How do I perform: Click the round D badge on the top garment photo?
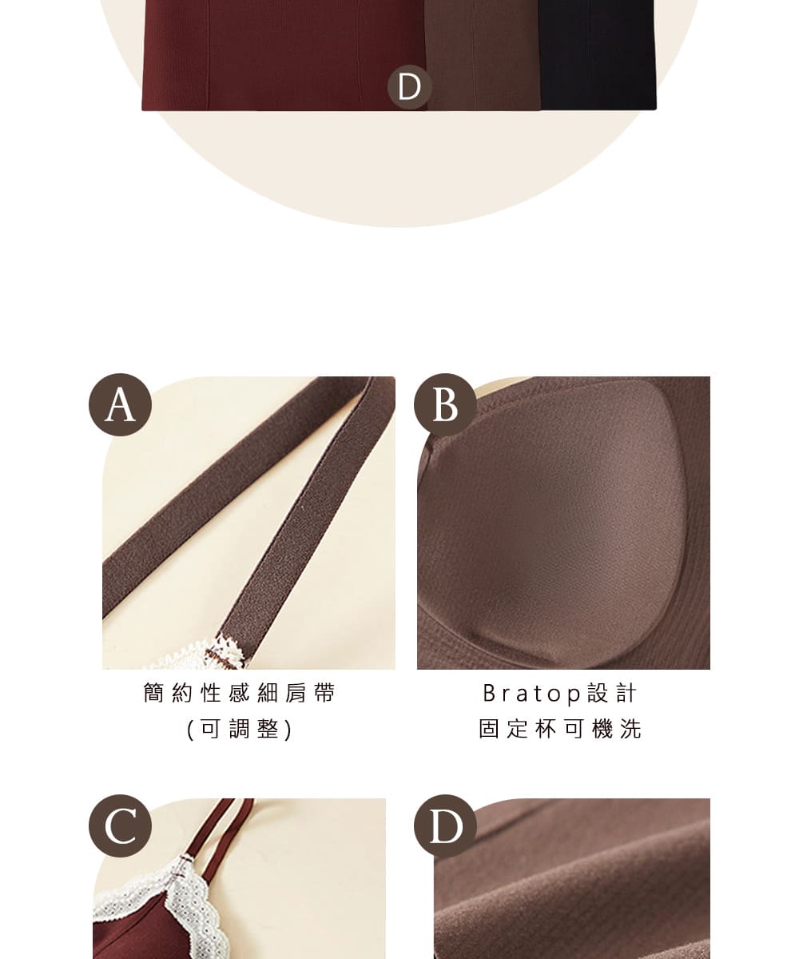[x=409, y=87]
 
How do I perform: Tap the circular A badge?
[x=120, y=404]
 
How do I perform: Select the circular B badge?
[x=445, y=404]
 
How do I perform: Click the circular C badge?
[x=120, y=826]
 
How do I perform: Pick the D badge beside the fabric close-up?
[x=445, y=826]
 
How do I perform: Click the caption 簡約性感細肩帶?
[x=239, y=693]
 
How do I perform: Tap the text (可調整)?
[x=239, y=729]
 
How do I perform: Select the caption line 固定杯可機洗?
[x=560, y=729]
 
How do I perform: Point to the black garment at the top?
[x=598, y=54]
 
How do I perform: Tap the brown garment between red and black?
[x=482, y=54]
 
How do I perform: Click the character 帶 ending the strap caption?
[x=324, y=693]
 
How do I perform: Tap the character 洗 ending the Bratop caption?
[x=630, y=729]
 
